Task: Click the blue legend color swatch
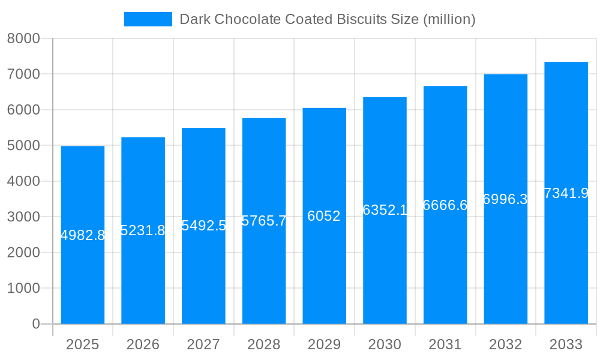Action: (x=148, y=19)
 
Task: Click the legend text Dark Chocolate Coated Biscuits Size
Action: (x=328, y=19)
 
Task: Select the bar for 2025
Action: (x=83, y=270)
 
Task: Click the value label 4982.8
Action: (x=83, y=235)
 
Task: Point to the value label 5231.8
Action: (x=143, y=230)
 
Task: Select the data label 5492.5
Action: (x=203, y=226)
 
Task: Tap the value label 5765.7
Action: (x=264, y=221)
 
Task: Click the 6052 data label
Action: (x=324, y=216)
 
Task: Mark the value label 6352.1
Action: (x=385, y=210)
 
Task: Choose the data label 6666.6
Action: (x=445, y=205)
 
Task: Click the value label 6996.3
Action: (x=505, y=199)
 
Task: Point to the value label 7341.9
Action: (x=566, y=193)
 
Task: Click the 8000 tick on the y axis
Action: (x=23, y=38)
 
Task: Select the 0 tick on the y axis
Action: (x=35, y=324)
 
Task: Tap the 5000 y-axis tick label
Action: (x=23, y=145)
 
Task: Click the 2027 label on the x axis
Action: (x=203, y=344)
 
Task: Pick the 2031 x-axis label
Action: (x=445, y=344)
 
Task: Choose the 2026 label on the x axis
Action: (x=143, y=344)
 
